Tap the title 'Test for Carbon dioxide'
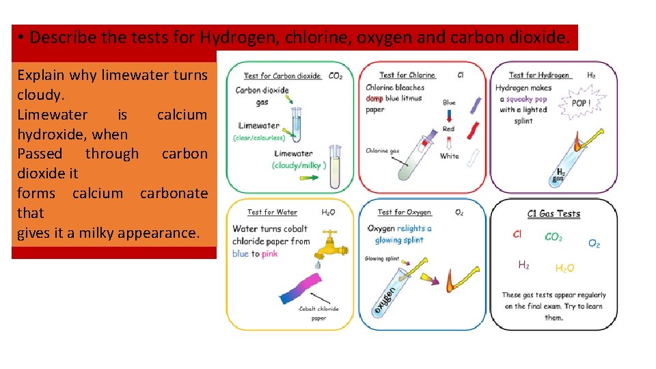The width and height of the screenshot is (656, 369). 282,76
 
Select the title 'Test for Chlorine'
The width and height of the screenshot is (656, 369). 407,75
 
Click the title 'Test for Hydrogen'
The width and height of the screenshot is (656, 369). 538,75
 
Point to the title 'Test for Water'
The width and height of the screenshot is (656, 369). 273,213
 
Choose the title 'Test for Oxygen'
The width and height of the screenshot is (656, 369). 404,213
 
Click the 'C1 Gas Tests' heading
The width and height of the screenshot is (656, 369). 553,214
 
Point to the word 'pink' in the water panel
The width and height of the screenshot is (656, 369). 270,254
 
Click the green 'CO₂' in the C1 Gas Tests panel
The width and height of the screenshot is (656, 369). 553,237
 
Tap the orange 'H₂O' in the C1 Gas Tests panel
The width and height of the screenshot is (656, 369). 564,269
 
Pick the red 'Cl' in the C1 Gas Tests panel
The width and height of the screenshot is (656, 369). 517,234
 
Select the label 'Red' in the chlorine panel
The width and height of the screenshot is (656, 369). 448,128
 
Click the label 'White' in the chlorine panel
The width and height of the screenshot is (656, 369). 449,156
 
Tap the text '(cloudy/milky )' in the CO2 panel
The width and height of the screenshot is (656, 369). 299,165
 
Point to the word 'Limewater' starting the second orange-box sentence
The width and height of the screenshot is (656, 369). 52,115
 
